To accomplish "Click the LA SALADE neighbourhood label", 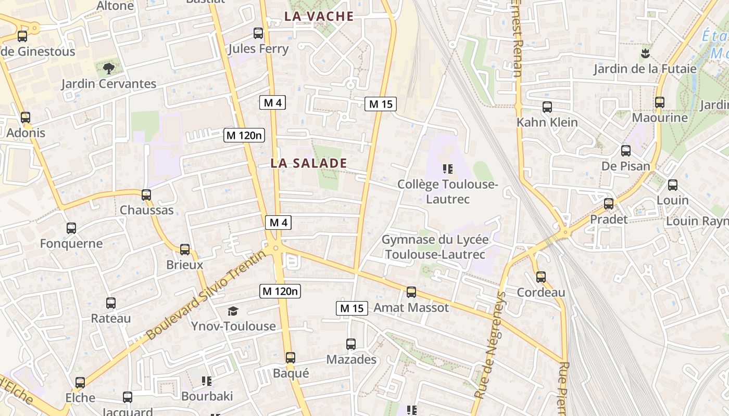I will point(308,163).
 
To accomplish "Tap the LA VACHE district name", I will point(319,17).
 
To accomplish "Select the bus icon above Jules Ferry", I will point(258,34).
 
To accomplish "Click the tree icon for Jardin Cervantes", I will point(109,68).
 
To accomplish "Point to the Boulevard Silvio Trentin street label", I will point(206,294).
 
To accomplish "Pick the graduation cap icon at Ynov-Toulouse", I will point(233,311).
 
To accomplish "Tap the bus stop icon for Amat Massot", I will point(411,292).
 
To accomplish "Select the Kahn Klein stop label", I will point(547,123).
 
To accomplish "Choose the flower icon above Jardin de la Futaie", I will point(645,53).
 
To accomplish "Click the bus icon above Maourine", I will point(660,102).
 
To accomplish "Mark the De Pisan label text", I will point(625,166).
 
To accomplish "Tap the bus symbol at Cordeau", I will point(541,277).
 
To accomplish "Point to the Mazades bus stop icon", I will point(351,344).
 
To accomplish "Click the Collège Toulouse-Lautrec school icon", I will point(447,169).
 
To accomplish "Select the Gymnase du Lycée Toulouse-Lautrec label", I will point(435,247).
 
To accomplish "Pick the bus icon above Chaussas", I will point(146,195).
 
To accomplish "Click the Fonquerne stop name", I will point(71,243).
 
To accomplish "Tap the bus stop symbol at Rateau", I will point(111,303).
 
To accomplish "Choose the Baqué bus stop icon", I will point(291,358).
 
